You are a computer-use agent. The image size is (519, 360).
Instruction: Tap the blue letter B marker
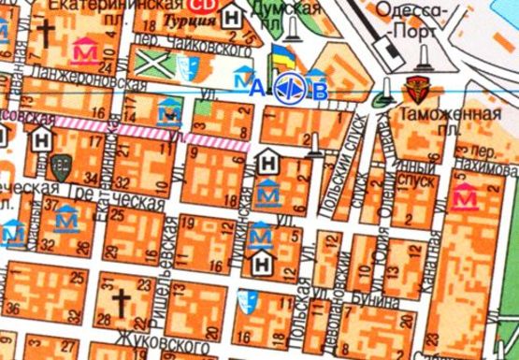click(x=321, y=91)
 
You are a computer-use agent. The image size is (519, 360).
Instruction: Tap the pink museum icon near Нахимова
click(x=462, y=195)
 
